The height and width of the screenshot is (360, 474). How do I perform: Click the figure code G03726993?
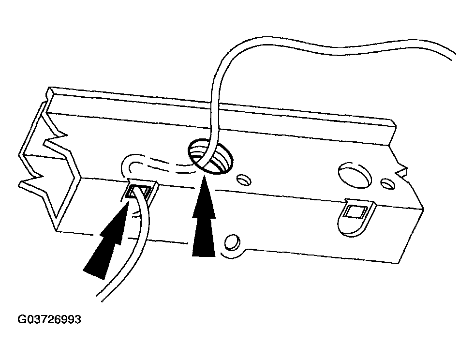pos(49,319)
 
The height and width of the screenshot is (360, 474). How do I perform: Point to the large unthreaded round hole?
pos(355,175)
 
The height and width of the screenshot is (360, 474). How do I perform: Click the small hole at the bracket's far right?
pos(387,184)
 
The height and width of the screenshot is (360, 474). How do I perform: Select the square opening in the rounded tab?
pos(354,211)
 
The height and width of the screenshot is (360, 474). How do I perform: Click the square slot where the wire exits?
pos(137,193)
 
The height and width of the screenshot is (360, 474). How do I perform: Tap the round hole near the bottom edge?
pos(232,242)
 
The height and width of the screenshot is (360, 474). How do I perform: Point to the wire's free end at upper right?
pos(453,57)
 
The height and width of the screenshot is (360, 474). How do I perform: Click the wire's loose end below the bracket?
pos(100,298)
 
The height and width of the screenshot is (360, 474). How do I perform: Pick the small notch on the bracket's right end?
pos(401,171)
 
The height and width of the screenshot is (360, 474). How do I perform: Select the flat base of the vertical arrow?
pos(204,256)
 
